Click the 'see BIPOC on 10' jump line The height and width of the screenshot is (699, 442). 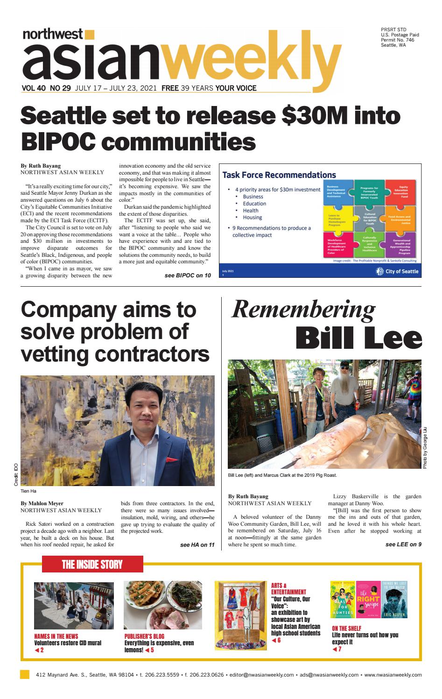(188, 275)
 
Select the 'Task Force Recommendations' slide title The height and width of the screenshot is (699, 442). (279, 175)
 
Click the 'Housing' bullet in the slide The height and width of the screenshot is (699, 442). (252, 218)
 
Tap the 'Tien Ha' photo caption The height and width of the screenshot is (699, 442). (28, 491)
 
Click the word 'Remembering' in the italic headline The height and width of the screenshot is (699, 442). (303, 309)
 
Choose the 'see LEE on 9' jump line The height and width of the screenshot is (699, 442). (403, 544)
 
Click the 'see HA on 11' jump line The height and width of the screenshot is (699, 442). (197, 545)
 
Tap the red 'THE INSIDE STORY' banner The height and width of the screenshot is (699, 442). (92, 565)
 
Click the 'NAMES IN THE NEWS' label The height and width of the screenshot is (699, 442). (56, 636)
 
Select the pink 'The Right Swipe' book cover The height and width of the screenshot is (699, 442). (368, 600)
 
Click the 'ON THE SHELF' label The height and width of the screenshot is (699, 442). (346, 628)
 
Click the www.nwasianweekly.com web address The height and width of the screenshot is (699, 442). (393, 675)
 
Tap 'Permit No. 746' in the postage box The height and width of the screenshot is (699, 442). (397, 40)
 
